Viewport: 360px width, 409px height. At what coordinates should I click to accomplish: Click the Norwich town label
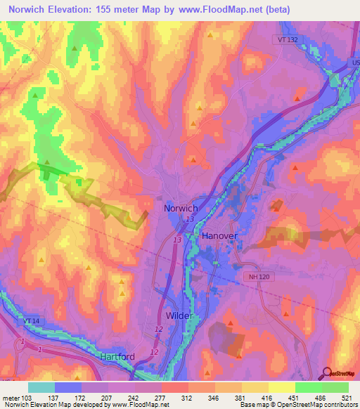180,209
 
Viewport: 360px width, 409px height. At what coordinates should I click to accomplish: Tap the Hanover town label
220,236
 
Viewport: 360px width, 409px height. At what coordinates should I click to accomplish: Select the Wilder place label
179,316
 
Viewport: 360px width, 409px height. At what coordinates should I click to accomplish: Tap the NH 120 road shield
257,277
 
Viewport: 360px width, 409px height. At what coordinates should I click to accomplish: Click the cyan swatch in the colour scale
41,387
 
